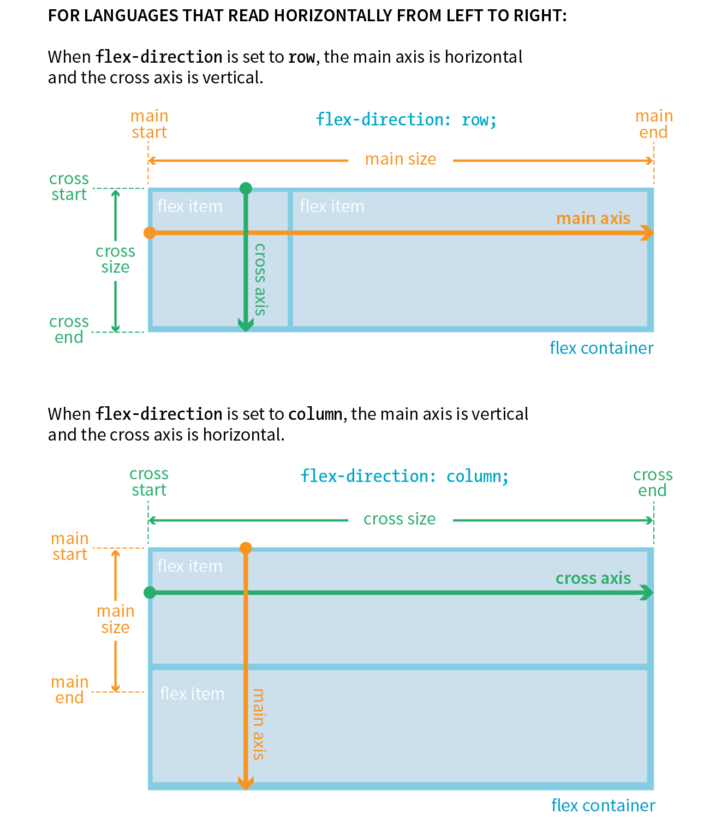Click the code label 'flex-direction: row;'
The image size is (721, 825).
pos(406,119)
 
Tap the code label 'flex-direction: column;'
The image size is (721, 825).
pos(404,476)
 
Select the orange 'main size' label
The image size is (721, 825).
pos(401,159)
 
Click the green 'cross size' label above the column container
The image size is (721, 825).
pos(400,519)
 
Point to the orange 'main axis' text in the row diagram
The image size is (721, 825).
pos(593,219)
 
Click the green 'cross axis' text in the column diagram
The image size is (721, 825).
pos(593,579)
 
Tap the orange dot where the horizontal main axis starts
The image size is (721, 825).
pos(150,233)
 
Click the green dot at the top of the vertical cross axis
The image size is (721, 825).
pos(246,189)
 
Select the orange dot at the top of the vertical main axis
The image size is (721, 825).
pos(246,548)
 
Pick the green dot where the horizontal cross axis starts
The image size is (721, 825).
pos(150,593)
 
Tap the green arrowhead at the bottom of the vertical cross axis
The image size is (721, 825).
pos(246,326)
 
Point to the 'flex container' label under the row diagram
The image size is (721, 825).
pos(601,348)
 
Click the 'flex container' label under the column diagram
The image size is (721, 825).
pos(603,805)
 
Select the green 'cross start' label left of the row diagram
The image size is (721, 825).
pos(69,186)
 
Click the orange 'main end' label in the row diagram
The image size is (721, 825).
pos(654,124)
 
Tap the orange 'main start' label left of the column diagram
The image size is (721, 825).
pos(70,546)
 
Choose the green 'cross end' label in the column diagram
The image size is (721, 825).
pos(653,483)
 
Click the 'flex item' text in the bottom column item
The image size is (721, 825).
pos(192,694)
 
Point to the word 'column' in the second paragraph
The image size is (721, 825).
pos(315,414)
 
